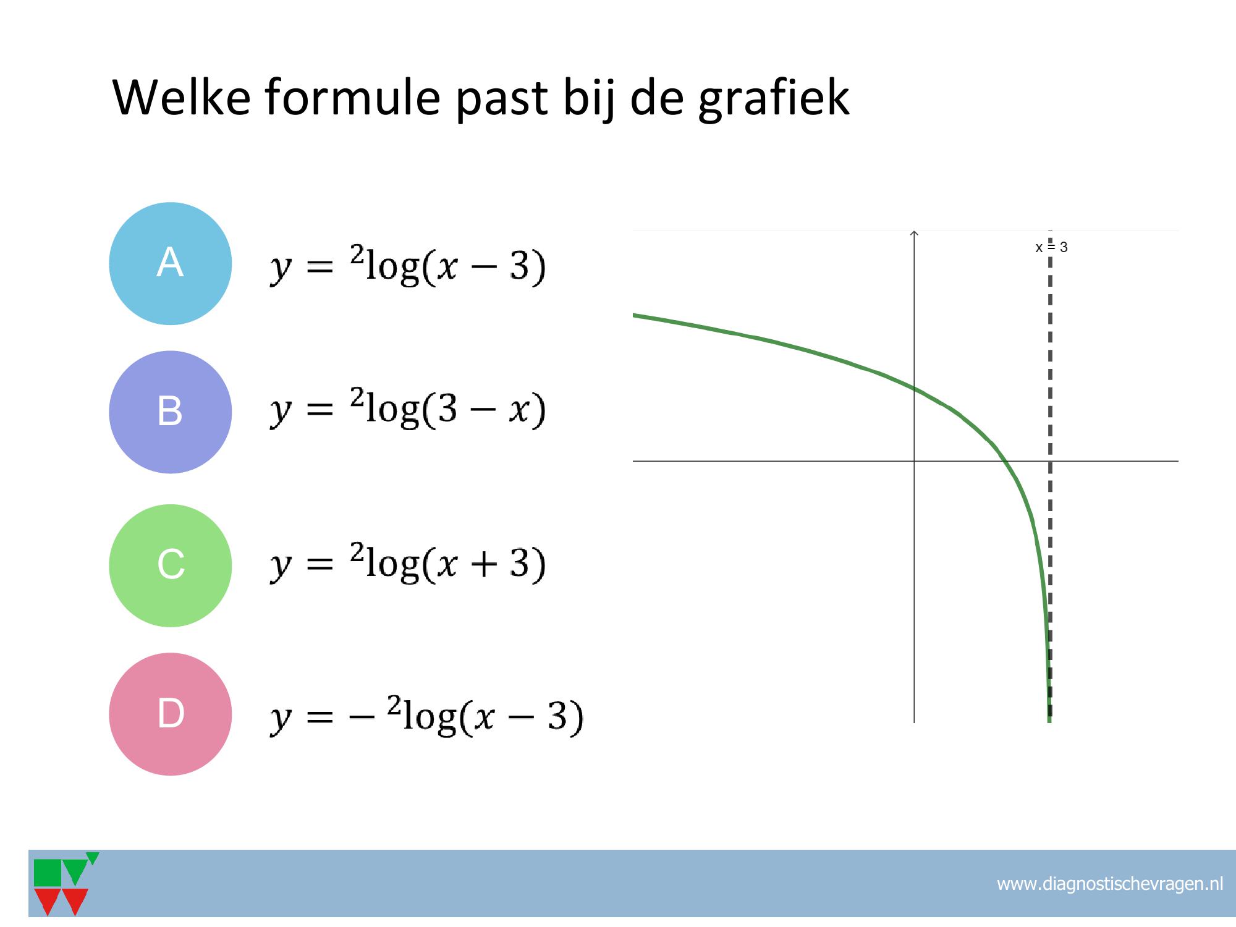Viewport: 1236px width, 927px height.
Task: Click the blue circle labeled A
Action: [x=171, y=264]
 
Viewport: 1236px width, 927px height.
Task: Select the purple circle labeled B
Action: [x=171, y=412]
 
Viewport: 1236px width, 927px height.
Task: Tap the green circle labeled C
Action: [x=171, y=565]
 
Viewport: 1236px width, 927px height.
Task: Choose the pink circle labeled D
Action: [x=171, y=714]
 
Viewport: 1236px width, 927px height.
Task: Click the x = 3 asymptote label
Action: [x=1051, y=247]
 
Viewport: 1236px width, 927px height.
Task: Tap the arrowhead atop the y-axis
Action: [x=914, y=233]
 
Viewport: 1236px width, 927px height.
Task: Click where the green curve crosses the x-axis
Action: [x=1005, y=461]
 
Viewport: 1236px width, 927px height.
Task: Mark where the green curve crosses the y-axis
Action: [x=914, y=388]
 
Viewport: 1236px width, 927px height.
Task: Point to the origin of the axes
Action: [x=914, y=461]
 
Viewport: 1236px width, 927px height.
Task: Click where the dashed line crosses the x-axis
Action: [x=1050, y=461]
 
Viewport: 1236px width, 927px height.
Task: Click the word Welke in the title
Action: [x=182, y=97]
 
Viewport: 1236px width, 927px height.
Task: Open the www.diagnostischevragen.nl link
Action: [x=1110, y=884]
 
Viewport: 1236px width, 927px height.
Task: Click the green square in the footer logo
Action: [x=48, y=873]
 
